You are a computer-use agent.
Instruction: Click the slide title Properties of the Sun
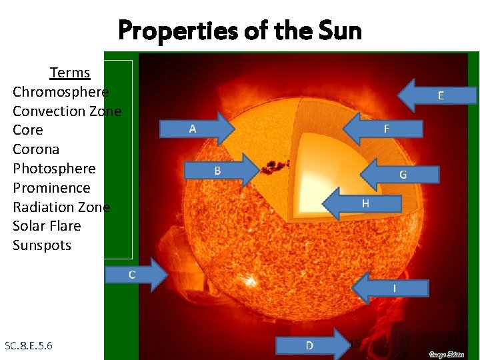(x=240, y=31)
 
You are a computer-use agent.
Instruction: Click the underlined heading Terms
(x=69, y=72)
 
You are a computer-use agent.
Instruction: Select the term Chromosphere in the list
(x=61, y=91)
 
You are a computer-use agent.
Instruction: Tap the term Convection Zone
(x=67, y=111)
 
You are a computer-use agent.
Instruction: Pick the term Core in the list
(x=28, y=130)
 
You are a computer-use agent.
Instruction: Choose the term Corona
(x=36, y=149)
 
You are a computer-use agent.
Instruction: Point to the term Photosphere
(x=54, y=169)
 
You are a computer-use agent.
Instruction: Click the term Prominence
(x=51, y=188)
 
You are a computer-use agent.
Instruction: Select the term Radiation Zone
(x=61, y=207)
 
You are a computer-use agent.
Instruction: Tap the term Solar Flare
(x=47, y=226)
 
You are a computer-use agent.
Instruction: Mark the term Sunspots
(x=42, y=245)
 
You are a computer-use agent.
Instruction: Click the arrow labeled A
(x=197, y=129)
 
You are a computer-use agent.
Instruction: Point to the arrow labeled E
(x=437, y=95)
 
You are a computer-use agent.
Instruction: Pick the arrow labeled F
(x=383, y=128)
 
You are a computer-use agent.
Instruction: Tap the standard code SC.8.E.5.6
(x=29, y=345)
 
